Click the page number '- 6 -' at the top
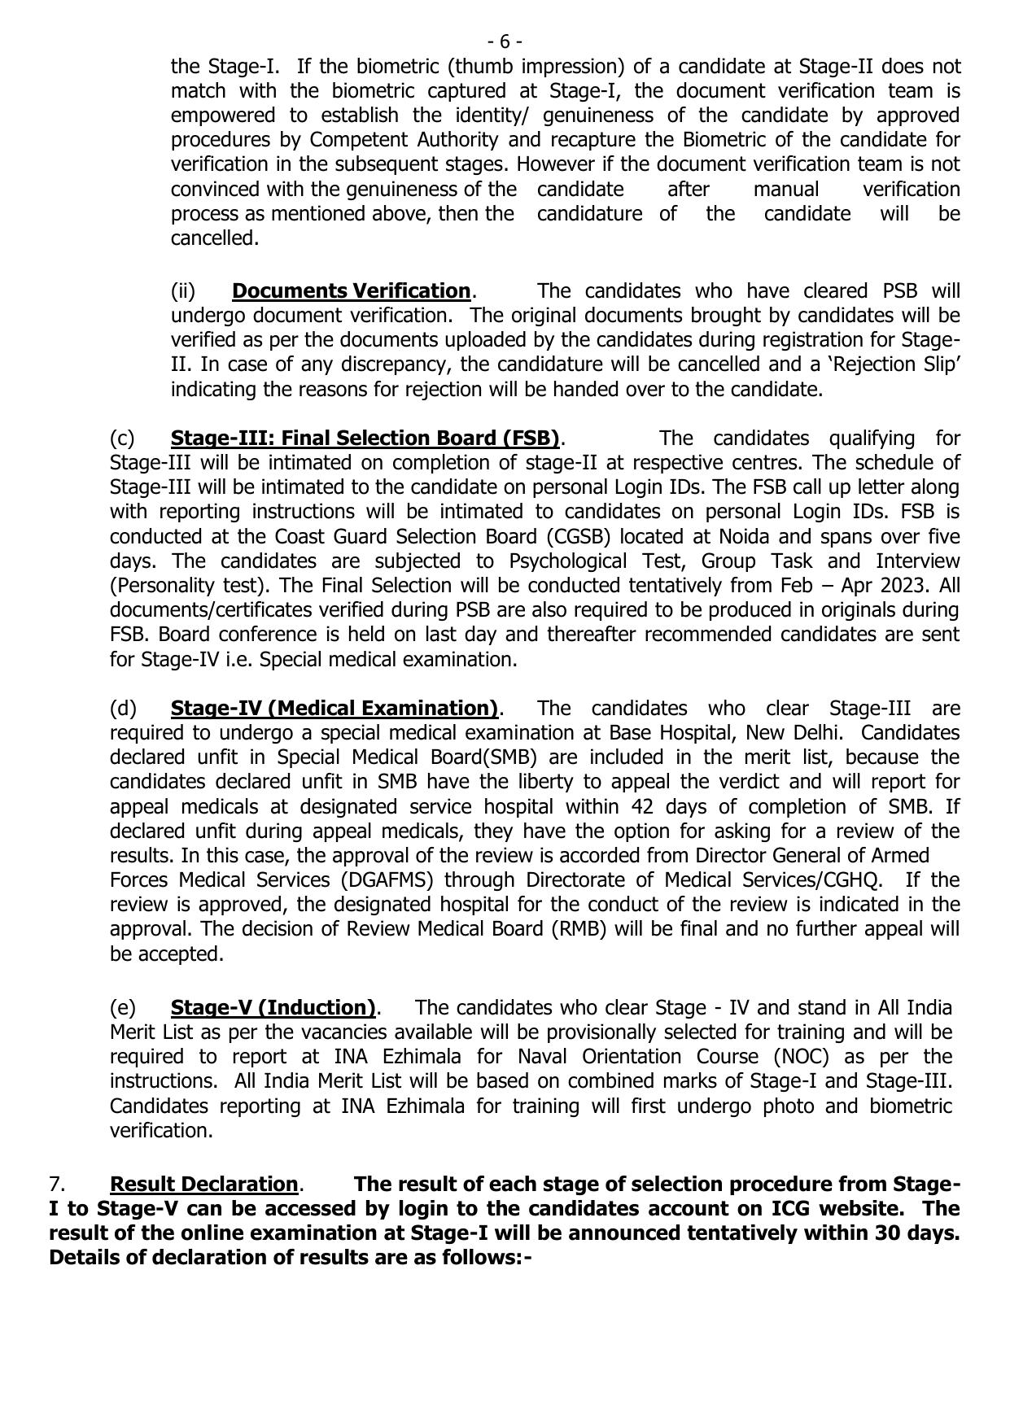(x=505, y=41)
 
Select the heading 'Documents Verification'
(x=351, y=290)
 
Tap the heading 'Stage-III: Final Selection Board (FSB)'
(x=365, y=438)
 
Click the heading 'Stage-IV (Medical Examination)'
(x=334, y=708)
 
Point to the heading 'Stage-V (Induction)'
(x=273, y=1007)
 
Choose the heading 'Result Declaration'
(x=204, y=1184)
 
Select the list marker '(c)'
(x=122, y=438)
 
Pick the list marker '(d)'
(x=123, y=708)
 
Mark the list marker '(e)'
(x=123, y=1007)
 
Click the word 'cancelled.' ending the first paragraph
(x=214, y=238)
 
